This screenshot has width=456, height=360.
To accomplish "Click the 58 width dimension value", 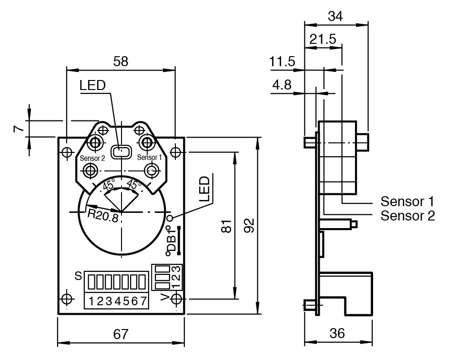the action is (x=121, y=61).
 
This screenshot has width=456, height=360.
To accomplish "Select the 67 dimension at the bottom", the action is (x=121, y=334).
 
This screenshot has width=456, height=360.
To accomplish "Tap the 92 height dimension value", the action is (x=249, y=225).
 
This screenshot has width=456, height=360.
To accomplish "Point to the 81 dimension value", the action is (x=226, y=226).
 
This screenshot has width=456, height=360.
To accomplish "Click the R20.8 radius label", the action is (x=103, y=216).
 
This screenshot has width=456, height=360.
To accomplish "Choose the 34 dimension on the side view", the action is (x=335, y=16).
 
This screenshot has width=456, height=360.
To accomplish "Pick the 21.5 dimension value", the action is (x=323, y=39).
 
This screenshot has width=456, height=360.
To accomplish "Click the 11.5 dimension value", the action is (x=282, y=61).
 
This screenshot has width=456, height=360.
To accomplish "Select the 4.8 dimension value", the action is (x=282, y=85).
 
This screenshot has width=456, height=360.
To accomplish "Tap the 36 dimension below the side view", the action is (x=337, y=333).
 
